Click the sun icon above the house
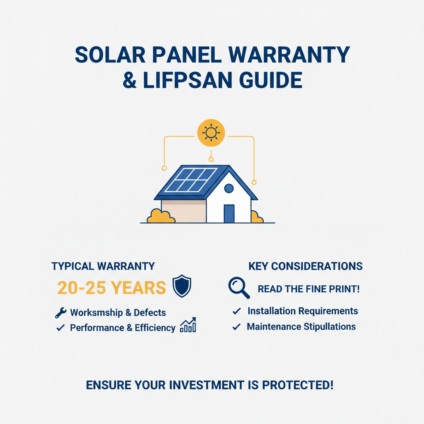[211, 133]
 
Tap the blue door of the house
[229, 213]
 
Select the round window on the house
[229, 189]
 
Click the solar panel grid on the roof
[190, 180]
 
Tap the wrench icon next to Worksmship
[60, 313]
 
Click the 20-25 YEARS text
[111, 288]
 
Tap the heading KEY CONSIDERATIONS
[305, 266]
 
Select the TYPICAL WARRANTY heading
[103, 266]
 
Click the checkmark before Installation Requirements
[237, 311]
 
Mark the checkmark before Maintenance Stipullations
[236, 327]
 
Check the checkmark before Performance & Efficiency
[60, 328]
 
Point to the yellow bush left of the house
[160, 216]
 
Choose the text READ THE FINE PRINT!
[308, 289]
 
